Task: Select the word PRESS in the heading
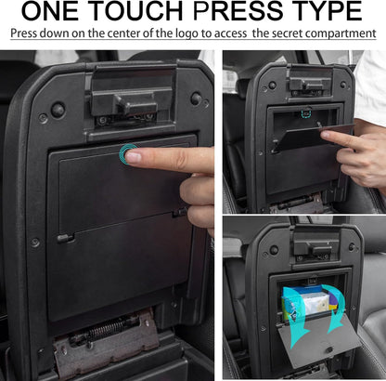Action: tap(238, 10)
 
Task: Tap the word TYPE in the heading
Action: tap(328, 10)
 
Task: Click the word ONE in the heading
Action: tap(51, 10)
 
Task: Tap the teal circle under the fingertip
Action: tap(127, 153)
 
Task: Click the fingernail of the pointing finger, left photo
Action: tap(134, 157)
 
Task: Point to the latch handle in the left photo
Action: tap(132, 103)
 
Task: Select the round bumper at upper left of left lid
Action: tap(58, 110)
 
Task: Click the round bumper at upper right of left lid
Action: tap(196, 99)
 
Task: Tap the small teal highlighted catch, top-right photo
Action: tap(305, 113)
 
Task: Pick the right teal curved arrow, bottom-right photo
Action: tap(336, 307)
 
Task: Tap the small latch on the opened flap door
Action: tap(329, 349)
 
